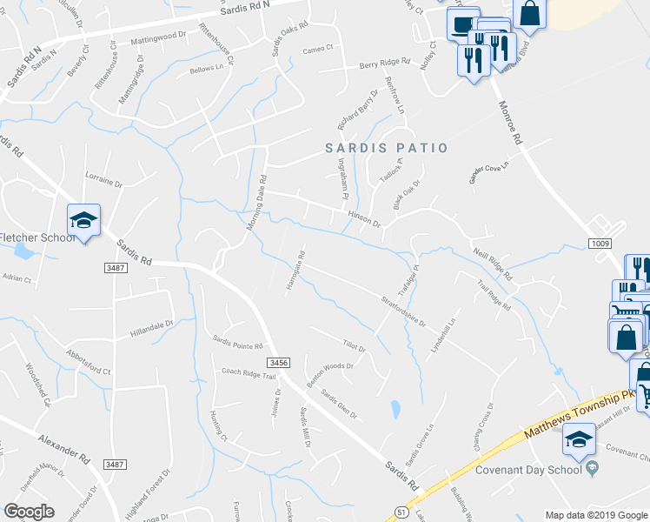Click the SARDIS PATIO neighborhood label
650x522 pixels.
(387, 148)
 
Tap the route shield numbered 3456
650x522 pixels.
(278, 362)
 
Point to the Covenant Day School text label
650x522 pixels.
(527, 470)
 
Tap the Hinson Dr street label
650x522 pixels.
(365, 217)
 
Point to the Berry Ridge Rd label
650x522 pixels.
(384, 64)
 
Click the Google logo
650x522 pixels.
(29, 512)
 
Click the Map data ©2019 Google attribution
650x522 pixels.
(595, 515)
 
